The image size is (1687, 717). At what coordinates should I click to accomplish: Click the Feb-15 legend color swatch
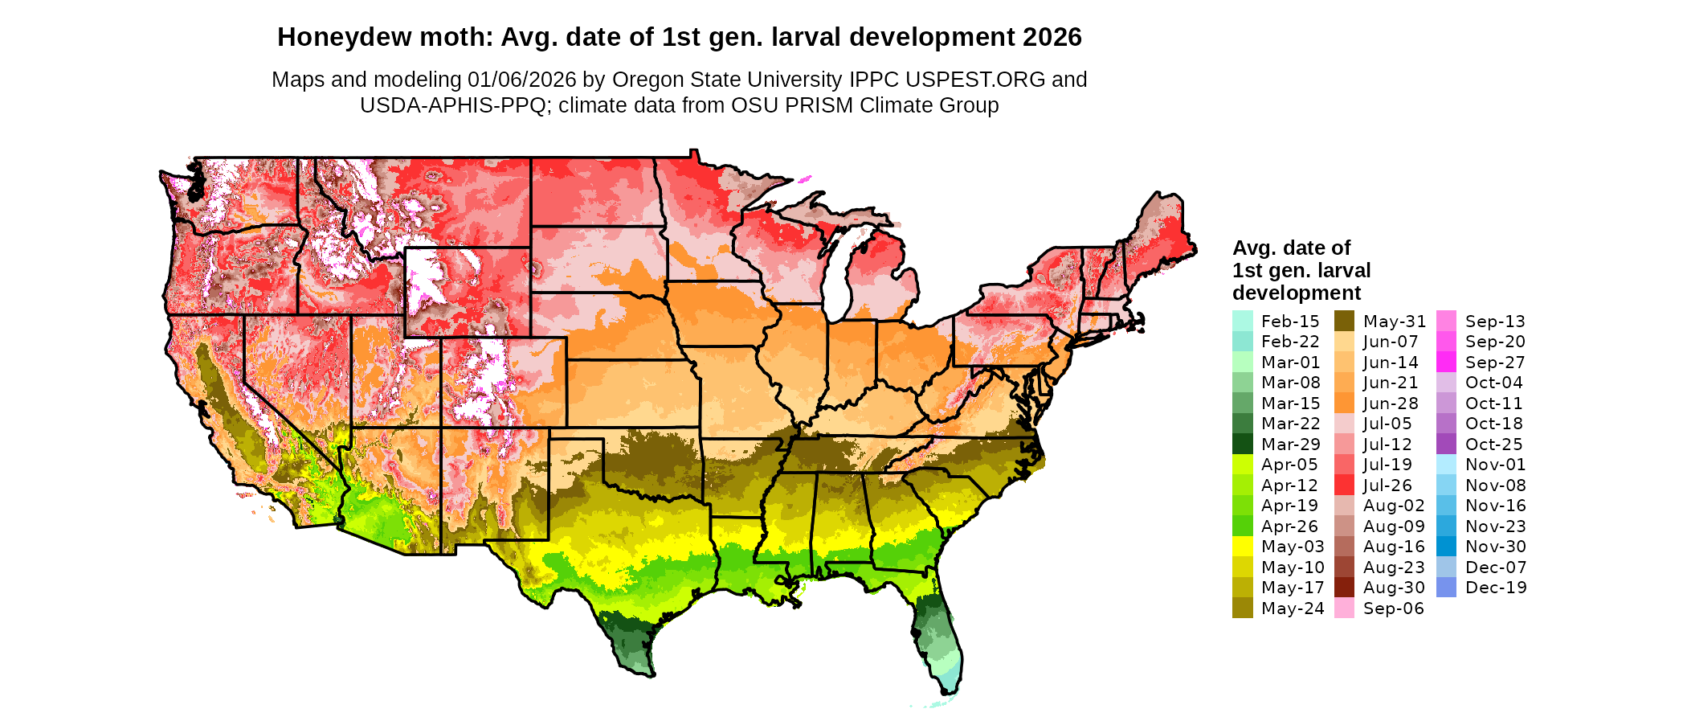click(1242, 321)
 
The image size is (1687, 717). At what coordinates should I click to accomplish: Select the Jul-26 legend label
click(1387, 486)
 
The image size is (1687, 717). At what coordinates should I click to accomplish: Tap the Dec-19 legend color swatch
click(1446, 588)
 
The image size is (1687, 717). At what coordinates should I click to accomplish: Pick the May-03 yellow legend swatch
click(1242, 547)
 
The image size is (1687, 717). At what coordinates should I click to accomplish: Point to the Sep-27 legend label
click(1494, 363)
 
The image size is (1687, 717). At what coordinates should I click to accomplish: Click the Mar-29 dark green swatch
click(1242, 445)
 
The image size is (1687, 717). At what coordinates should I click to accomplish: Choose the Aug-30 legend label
click(1394, 588)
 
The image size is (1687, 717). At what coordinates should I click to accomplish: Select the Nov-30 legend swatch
click(1446, 547)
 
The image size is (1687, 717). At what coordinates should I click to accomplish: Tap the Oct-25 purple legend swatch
click(1446, 445)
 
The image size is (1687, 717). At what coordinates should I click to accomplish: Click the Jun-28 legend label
click(1391, 404)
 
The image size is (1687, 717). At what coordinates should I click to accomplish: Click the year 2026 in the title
click(1052, 37)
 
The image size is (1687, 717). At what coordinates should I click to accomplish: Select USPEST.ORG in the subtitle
click(975, 80)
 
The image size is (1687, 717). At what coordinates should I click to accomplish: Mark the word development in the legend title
click(1297, 293)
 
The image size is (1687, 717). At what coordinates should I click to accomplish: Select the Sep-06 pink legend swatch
click(1344, 608)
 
